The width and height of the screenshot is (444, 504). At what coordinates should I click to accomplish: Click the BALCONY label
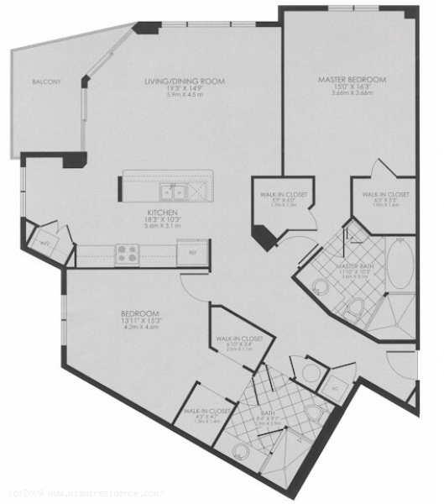(x=47, y=81)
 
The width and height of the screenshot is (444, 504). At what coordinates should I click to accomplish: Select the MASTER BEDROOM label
(x=352, y=80)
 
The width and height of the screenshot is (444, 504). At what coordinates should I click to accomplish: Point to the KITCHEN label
(x=160, y=213)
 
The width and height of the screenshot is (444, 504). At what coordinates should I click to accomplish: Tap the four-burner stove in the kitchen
(x=128, y=252)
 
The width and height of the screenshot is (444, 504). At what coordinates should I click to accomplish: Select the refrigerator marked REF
(x=192, y=252)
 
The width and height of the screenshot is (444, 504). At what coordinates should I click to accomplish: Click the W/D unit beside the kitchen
(x=43, y=243)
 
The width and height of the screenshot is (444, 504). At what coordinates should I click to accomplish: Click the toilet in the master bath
(x=356, y=309)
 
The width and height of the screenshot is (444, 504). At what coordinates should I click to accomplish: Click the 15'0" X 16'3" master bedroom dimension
(x=352, y=87)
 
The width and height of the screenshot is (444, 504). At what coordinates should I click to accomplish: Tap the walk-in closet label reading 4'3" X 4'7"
(x=201, y=417)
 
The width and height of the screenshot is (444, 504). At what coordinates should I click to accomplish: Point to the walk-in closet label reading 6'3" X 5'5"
(x=385, y=200)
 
